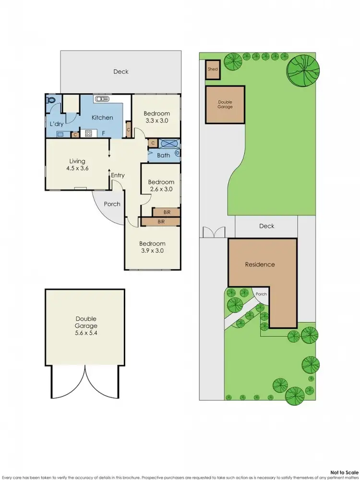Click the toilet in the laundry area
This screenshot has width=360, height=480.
click(x=52, y=101)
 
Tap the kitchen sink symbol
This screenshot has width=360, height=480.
click(x=102, y=99)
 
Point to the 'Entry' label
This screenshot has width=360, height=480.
click(x=118, y=175)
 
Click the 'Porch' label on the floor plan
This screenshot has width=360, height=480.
click(x=112, y=204)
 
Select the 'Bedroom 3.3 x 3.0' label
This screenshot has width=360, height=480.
click(x=156, y=117)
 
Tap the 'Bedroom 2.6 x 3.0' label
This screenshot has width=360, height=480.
click(x=161, y=185)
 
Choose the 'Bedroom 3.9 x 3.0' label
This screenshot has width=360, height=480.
click(x=153, y=247)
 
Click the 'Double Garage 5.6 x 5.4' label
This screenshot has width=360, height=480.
click(x=86, y=325)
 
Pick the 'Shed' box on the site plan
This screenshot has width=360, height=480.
click(x=213, y=69)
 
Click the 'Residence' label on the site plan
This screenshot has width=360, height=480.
click(x=260, y=264)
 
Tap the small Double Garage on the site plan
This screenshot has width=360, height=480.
click(x=225, y=104)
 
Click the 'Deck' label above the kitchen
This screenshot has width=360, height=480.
click(x=121, y=72)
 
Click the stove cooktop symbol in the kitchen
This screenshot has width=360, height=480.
click(x=88, y=134)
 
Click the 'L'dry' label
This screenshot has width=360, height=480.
click(x=57, y=124)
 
